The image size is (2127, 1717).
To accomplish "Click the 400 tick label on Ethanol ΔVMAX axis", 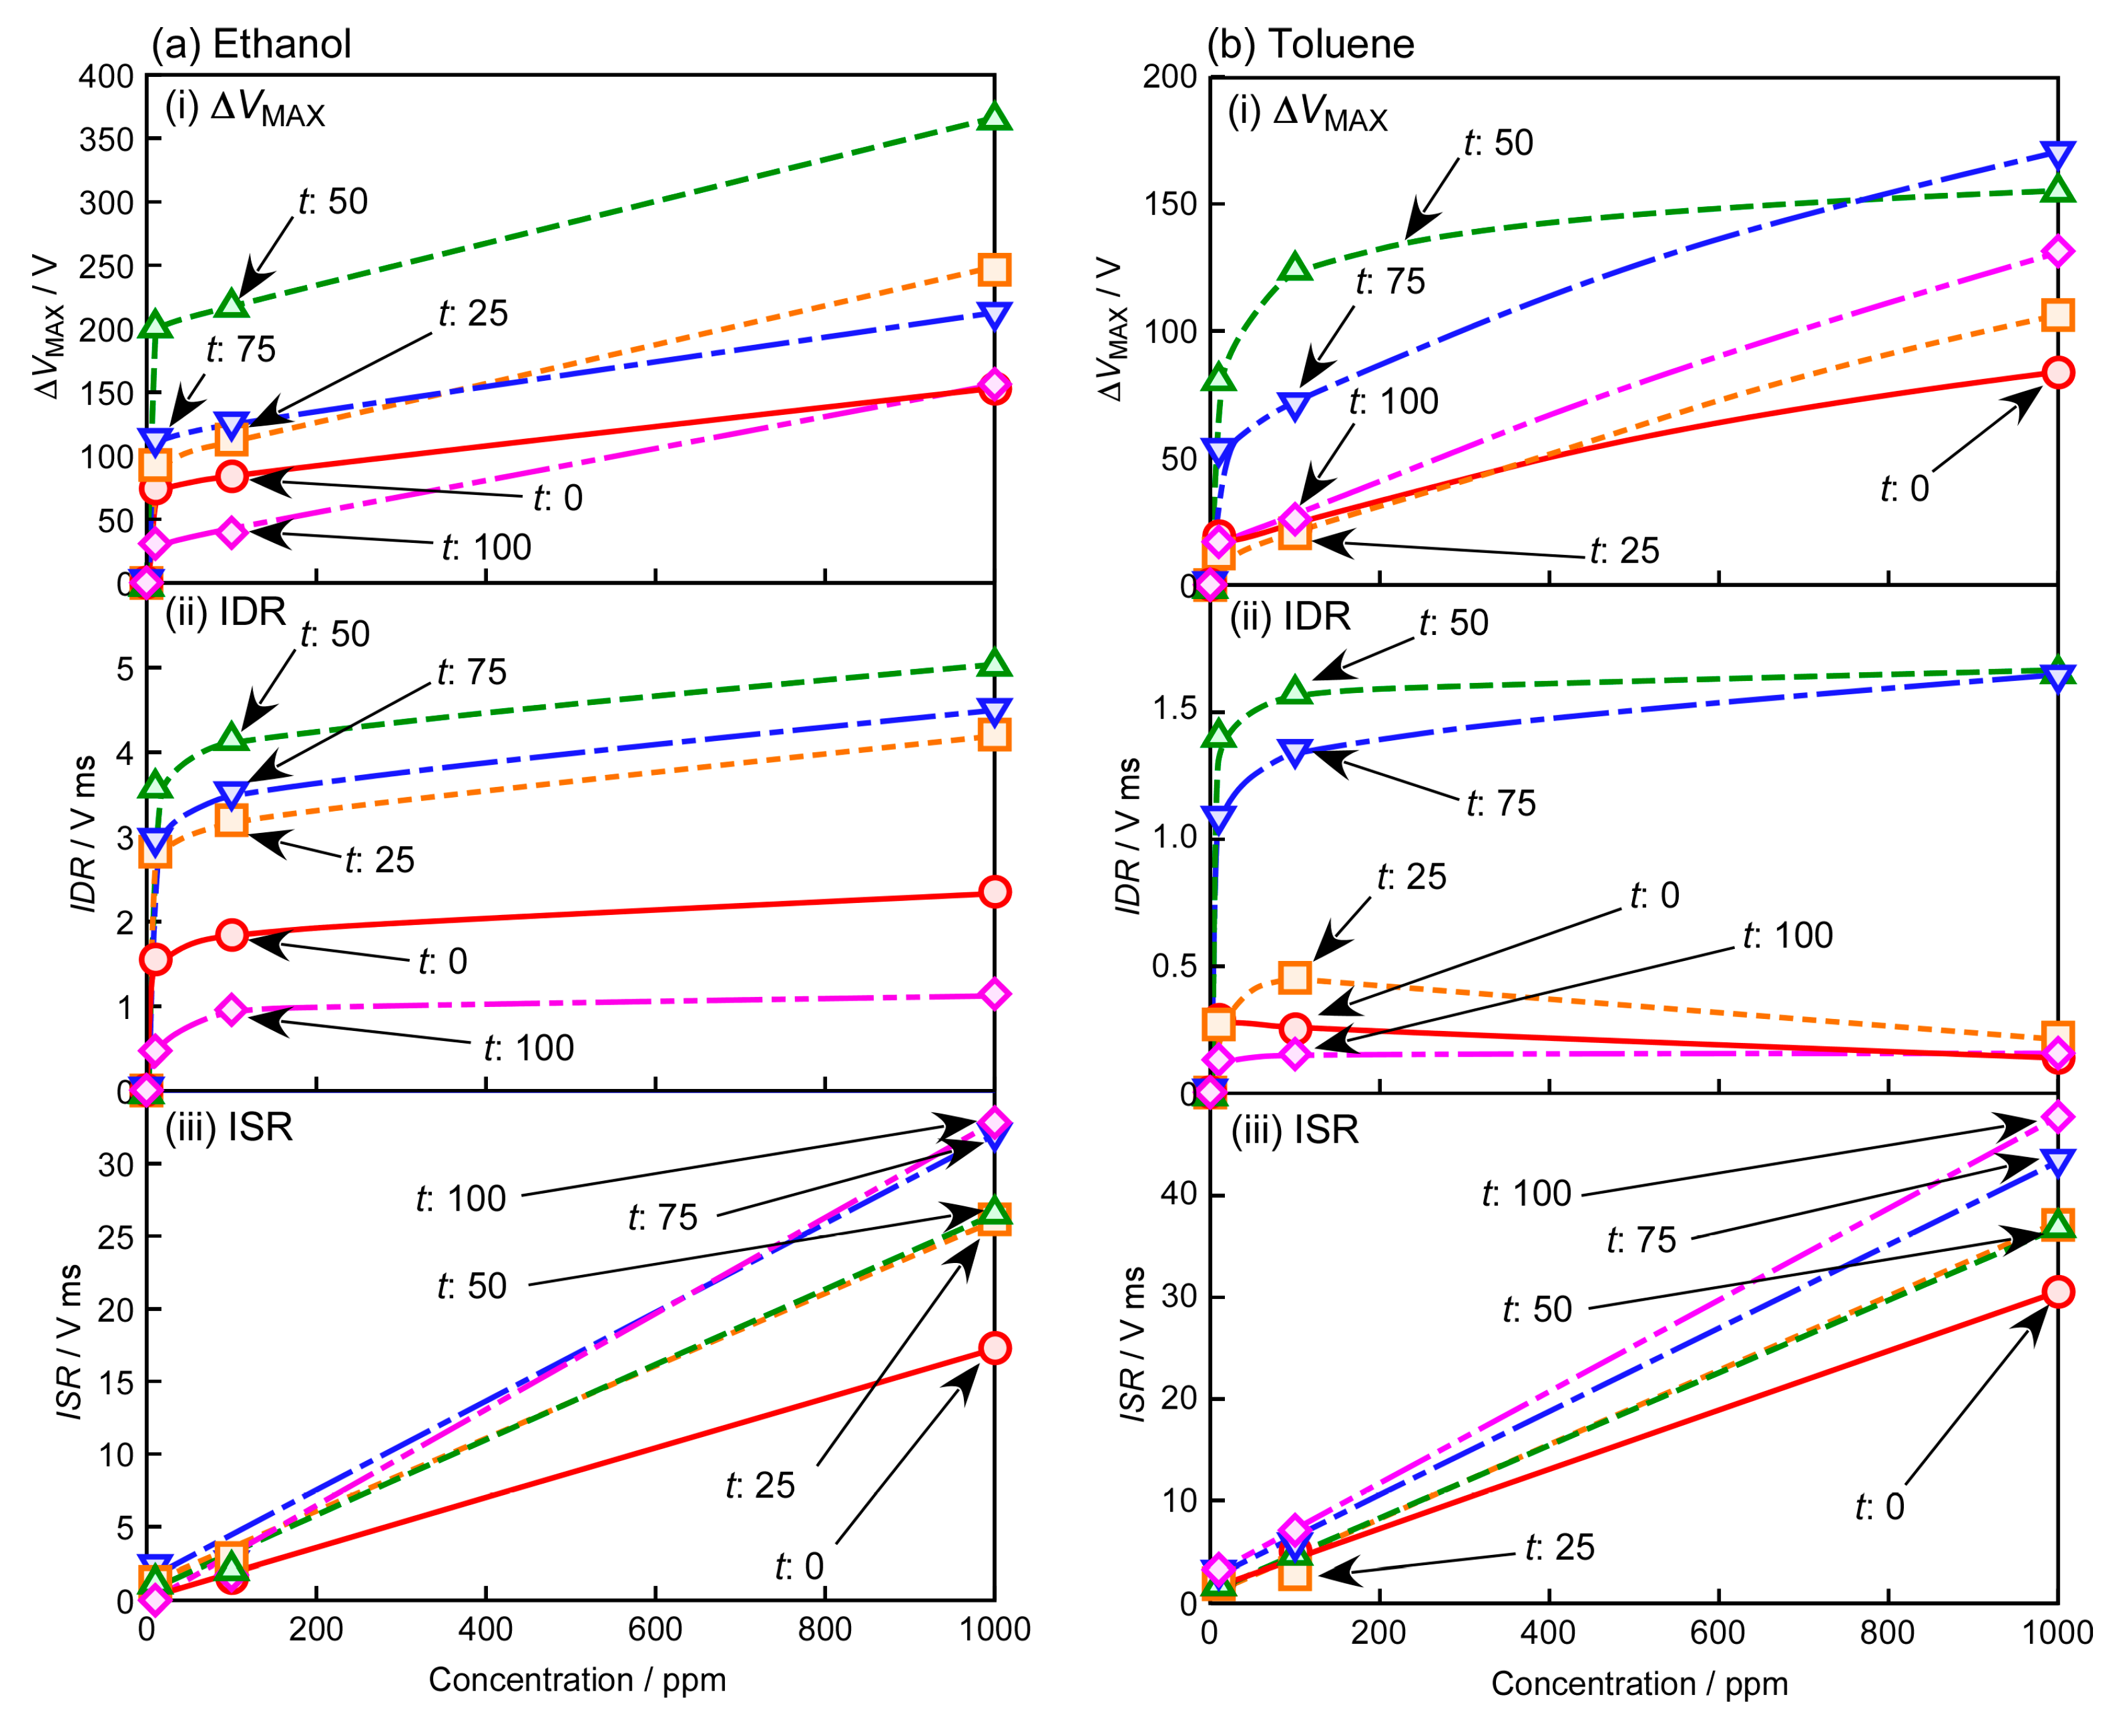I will (x=106, y=76).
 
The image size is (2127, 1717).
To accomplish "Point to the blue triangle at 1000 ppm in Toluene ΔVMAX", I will (x=2058, y=154).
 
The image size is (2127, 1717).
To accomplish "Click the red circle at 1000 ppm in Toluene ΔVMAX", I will (x=2058, y=373).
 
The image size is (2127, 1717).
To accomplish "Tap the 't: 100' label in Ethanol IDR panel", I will (x=528, y=1047).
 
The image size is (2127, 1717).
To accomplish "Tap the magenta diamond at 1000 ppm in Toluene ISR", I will (x=2058, y=1117).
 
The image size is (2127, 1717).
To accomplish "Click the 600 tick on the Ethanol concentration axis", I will (x=656, y=1628).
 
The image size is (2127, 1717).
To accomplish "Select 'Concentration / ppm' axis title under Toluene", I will (x=1640, y=1684).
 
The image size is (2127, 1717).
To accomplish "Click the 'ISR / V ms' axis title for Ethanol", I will (x=69, y=1342).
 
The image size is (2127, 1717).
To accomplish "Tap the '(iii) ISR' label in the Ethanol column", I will (x=229, y=1127).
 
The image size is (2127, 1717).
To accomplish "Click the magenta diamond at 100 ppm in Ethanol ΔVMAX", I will (x=231, y=532).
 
